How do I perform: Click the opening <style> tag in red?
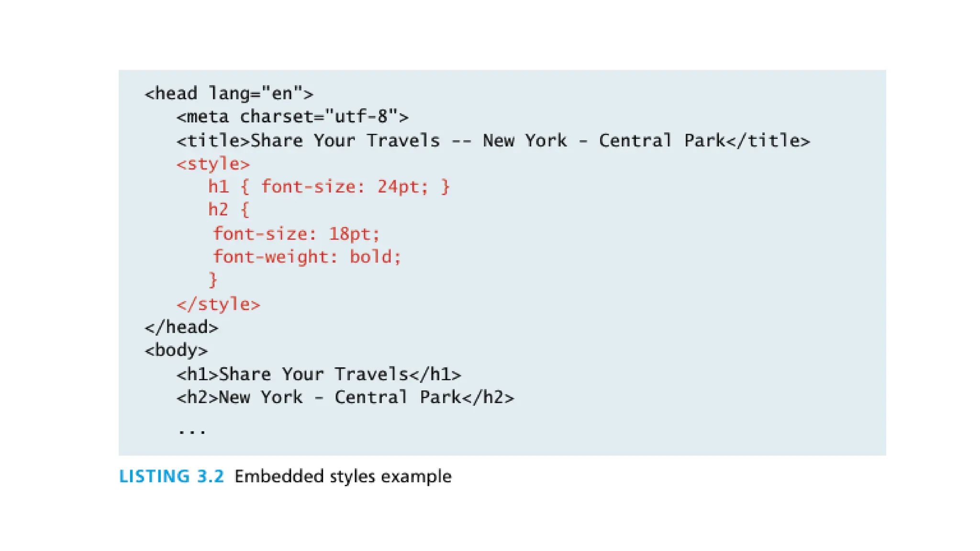click(213, 164)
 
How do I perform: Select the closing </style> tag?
click(218, 304)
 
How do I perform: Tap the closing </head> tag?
click(181, 328)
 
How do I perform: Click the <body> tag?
click(176, 351)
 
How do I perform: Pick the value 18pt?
click(354, 234)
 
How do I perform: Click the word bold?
click(371, 257)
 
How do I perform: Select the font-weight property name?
click(271, 257)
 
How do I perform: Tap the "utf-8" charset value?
click(361, 117)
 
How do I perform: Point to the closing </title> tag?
click(768, 141)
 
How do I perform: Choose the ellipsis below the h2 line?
click(192, 431)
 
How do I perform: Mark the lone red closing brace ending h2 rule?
click(213, 280)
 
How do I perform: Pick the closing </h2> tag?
click(488, 397)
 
